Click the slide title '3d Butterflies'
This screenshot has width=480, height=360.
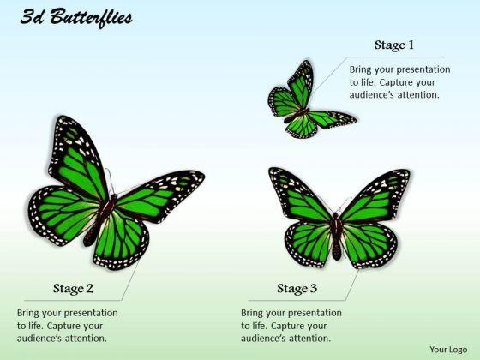[76, 18]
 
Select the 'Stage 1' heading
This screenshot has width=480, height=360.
[394, 45]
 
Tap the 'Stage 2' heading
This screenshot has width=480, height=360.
[73, 289]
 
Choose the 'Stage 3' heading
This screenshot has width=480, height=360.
[297, 289]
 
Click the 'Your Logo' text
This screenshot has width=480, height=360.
[448, 350]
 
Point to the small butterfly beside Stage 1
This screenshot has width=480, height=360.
[309, 100]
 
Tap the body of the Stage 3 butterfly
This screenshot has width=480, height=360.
[336, 236]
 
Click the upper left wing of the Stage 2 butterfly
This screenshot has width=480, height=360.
[77, 159]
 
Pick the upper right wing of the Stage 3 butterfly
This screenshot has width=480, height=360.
[376, 196]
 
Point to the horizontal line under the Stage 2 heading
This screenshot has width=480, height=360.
[73, 300]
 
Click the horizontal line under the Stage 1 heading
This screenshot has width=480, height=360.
[395, 57]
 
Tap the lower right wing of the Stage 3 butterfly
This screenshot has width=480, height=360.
[369, 245]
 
